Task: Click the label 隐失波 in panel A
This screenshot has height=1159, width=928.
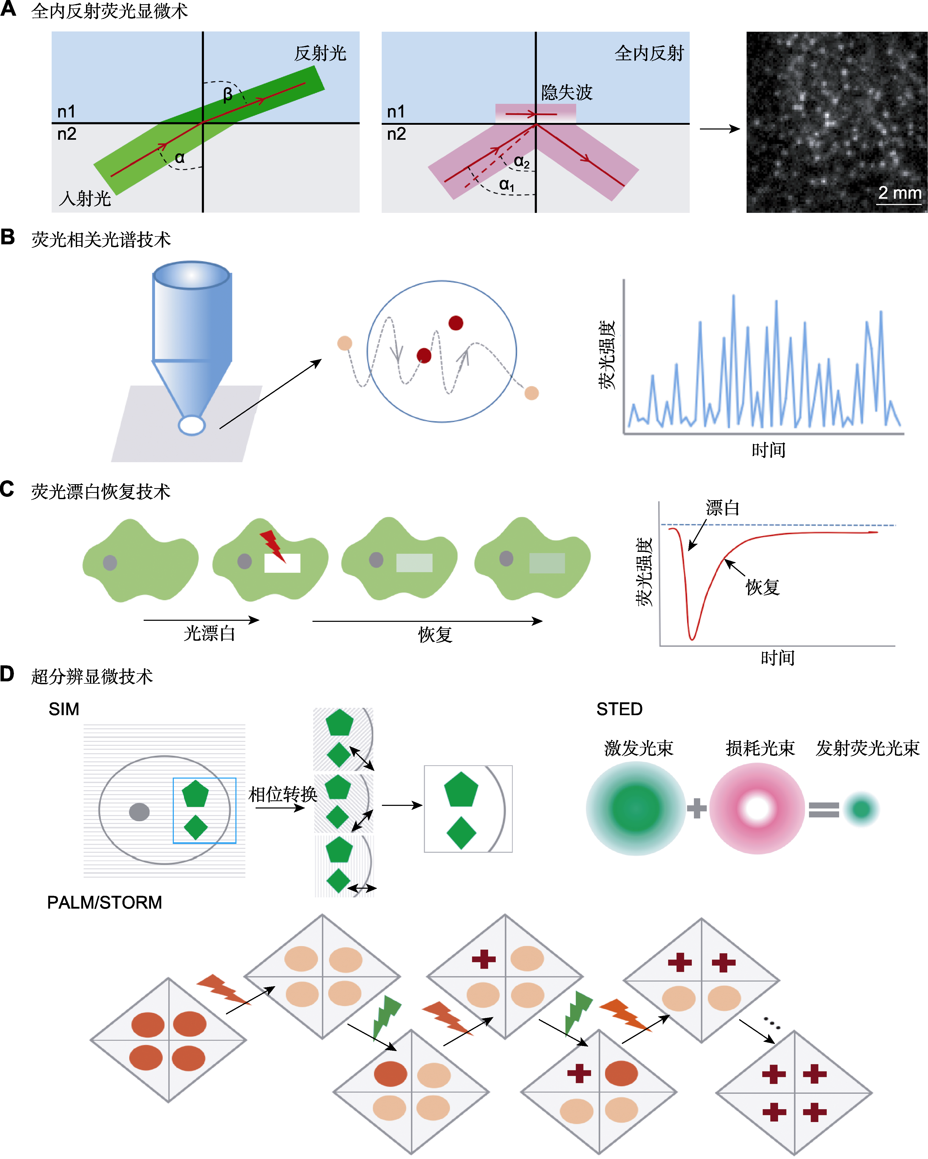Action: pyautogui.click(x=567, y=93)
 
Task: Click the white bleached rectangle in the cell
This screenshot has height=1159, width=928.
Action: pyautogui.click(x=282, y=563)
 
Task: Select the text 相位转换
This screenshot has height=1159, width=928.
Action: pyautogui.click(x=283, y=794)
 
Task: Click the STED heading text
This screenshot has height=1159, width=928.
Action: pyautogui.click(x=619, y=709)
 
